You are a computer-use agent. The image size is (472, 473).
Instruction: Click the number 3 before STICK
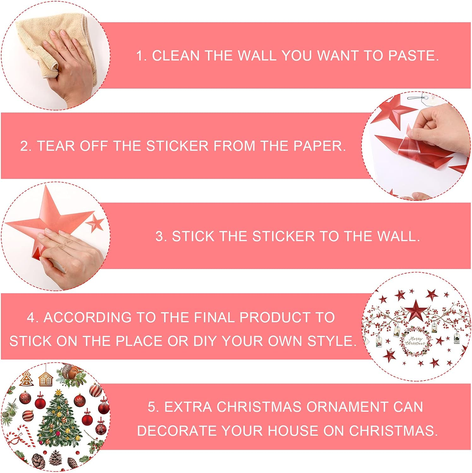tap(160, 237)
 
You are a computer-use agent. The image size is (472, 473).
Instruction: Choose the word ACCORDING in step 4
tap(87, 318)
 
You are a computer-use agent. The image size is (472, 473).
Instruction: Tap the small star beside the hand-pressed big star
tap(95, 224)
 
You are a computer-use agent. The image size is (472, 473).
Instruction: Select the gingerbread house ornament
tap(46, 379)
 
